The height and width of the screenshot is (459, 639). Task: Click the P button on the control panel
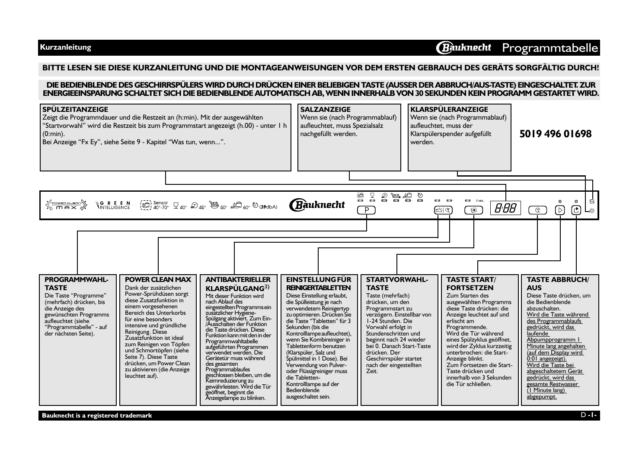(366, 210)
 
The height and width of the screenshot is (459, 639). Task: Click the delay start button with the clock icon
(537, 210)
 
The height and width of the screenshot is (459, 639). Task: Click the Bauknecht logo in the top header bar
(464, 47)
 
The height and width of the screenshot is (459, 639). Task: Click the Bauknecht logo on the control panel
(317, 204)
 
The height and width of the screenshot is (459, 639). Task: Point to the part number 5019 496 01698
(555, 134)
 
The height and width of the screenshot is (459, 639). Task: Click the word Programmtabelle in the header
(550, 48)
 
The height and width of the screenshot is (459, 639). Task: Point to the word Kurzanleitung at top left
(65, 47)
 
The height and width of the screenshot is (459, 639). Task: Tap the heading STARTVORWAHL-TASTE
(396, 284)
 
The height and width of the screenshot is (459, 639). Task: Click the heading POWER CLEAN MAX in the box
(158, 280)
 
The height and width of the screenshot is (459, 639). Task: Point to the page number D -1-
(588, 415)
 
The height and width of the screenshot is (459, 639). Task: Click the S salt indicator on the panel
(591, 202)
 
